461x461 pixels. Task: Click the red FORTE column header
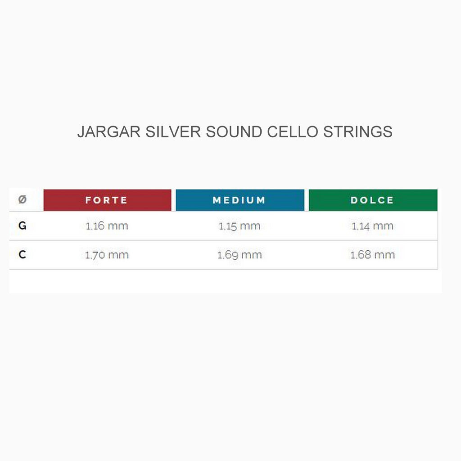[x=107, y=200]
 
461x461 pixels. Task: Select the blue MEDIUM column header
[x=240, y=200]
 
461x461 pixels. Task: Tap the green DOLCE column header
[x=373, y=200]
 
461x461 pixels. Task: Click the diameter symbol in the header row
[x=22, y=200]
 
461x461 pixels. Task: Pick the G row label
[x=22, y=226]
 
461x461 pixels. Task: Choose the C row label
[x=22, y=255]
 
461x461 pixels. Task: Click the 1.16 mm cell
[x=107, y=226]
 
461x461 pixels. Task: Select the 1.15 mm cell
[x=240, y=226]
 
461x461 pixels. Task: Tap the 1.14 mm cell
[x=372, y=226]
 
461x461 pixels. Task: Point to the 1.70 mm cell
[x=107, y=255]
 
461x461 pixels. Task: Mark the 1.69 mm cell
[x=240, y=255]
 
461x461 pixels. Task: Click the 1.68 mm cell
[x=372, y=255]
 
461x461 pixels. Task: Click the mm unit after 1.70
[x=118, y=255]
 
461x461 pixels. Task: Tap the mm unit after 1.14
[x=383, y=226]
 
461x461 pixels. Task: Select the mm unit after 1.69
[x=251, y=255]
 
